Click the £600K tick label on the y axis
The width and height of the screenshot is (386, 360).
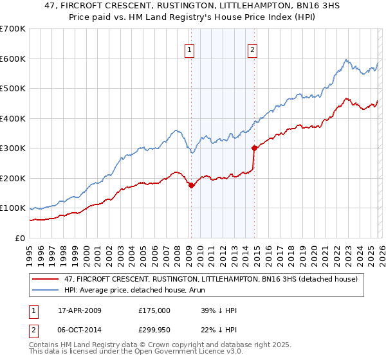coord(12,59)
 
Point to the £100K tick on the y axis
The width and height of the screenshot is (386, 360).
coord(12,208)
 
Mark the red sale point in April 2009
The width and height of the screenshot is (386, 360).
coord(191,186)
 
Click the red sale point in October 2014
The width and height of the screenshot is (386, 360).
coord(254,148)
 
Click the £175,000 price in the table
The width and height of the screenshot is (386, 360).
coord(154,310)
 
